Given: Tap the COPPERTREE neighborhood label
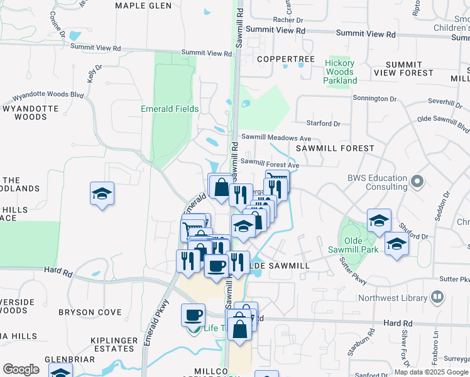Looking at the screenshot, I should [x=285, y=59].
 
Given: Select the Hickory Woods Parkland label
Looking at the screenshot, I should [x=340, y=72].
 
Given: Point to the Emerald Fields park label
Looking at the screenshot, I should [x=170, y=109].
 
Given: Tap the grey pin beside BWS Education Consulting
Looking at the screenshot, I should [x=416, y=182].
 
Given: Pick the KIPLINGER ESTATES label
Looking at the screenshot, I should [x=114, y=344].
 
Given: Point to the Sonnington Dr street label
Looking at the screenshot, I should [x=374, y=99].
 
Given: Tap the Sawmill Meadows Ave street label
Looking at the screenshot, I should [x=276, y=138].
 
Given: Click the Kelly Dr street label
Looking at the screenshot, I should [x=95, y=73].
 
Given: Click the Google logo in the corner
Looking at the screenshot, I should [x=21, y=369].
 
